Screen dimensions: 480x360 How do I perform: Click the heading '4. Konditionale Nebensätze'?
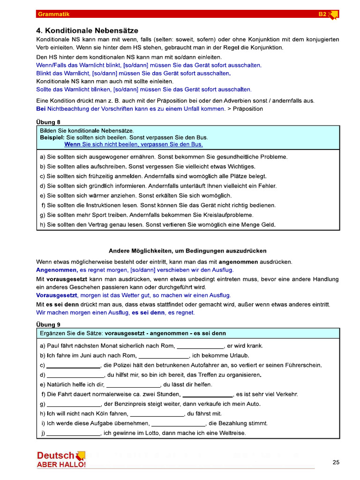coord(85,30)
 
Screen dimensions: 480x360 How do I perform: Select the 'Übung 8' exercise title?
coord(48,122)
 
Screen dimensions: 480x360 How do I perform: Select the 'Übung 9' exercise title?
coord(48,324)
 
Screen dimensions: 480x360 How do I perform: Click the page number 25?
coord(336,462)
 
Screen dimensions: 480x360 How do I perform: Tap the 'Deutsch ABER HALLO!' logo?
coord(61,459)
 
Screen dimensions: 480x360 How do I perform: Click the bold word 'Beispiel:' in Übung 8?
coord(52,137)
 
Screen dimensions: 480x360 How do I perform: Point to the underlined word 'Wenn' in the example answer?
coord(72,144)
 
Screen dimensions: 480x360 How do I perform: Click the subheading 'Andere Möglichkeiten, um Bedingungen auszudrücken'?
coord(187,251)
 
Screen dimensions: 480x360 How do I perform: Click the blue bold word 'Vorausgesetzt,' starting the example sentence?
coord(57,295)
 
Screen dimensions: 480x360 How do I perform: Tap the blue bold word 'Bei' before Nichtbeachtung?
coord(41,109)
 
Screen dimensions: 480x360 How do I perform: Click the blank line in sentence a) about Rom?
coord(201,347)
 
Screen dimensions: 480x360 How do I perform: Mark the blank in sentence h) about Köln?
coord(157,414)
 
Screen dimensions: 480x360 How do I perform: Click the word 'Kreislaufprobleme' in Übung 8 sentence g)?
coord(229,215)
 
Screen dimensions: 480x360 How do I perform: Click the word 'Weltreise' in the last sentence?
coord(230,434)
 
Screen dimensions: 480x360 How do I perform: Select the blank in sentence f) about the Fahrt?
coord(207,395)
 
